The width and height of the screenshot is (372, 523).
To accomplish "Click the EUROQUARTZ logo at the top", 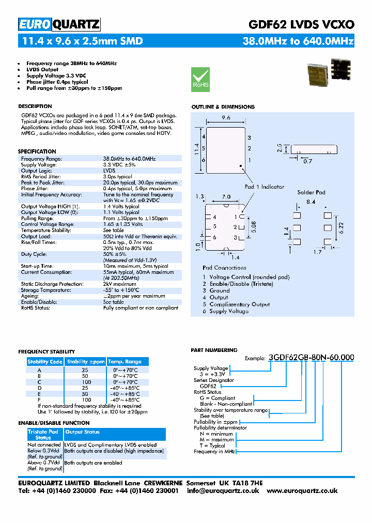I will coord(59,24).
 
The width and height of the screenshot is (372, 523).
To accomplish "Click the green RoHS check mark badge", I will coord(200,79).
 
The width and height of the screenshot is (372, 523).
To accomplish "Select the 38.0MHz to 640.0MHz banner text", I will coord(298,41).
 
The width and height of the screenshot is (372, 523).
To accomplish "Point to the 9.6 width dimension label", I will coord(226,118).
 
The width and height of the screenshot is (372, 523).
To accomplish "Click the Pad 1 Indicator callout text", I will coord(265,187).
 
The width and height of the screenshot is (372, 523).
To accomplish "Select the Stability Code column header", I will coord(45,362).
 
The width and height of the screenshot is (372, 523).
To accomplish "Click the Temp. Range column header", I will coord(125,362).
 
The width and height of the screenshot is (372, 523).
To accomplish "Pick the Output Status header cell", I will coord(83,432).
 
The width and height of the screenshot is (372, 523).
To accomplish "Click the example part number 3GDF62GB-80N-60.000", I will coord(311,357).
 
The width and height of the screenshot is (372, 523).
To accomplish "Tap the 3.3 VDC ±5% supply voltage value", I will coord(119,164).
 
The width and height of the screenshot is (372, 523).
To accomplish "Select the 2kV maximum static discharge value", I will coord(119,284).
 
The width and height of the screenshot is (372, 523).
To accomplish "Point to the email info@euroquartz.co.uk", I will coord(223,490).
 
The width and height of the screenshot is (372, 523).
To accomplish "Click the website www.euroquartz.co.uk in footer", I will coord(302,490).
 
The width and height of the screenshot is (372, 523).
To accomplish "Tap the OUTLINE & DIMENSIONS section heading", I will coord(223,107).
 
